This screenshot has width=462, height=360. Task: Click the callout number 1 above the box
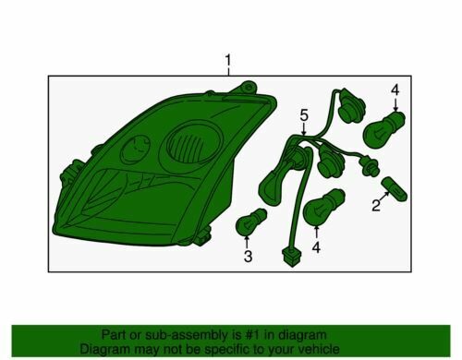228,61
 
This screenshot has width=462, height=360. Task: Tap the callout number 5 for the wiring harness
304,115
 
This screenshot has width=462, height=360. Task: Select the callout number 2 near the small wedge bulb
376,206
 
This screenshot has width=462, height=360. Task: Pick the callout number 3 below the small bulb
248,257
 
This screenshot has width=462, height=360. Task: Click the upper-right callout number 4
395,90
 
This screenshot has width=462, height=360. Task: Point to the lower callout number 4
316,247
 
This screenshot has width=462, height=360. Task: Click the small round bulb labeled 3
250,222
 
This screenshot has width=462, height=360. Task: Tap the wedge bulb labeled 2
395,189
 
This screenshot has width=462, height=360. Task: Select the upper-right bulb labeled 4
383,130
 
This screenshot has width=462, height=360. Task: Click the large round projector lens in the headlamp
193,144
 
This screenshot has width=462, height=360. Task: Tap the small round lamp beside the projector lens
135,150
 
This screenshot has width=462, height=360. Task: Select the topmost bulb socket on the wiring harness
351,107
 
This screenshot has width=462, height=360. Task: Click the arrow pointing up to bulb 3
247,242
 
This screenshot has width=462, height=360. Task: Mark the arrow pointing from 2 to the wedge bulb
384,197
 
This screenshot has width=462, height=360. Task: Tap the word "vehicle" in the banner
320,349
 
